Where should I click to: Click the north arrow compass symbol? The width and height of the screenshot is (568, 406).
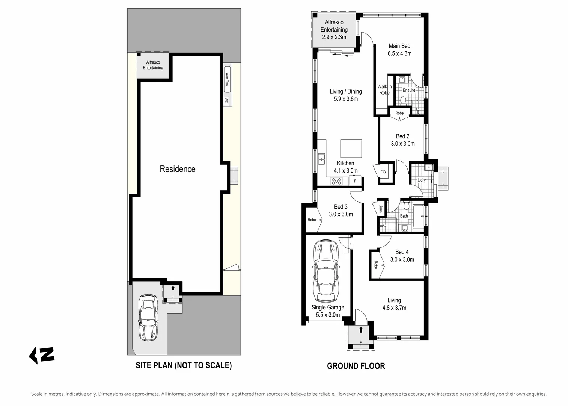[x=42, y=356]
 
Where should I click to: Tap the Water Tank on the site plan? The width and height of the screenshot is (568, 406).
[x=227, y=79]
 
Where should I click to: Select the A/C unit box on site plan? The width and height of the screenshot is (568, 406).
[x=226, y=100]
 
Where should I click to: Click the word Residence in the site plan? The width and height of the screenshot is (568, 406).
[x=178, y=169]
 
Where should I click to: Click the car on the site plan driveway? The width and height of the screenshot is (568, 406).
[x=148, y=318]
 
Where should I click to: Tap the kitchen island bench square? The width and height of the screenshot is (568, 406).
[x=351, y=148]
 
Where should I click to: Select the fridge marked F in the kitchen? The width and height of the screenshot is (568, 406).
[x=355, y=181]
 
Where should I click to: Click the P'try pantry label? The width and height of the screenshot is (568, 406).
[x=383, y=171]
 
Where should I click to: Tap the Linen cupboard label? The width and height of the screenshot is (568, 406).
[x=380, y=209]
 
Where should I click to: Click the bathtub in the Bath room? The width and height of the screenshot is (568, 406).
[x=418, y=216]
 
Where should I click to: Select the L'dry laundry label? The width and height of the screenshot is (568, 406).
[x=422, y=180]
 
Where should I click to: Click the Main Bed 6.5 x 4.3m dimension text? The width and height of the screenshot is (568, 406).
[x=400, y=53]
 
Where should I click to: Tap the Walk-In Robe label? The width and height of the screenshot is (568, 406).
[x=384, y=89]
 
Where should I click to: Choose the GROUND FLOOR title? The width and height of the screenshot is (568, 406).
[x=356, y=366]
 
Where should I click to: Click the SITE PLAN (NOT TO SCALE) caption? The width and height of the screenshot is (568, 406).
[x=184, y=365]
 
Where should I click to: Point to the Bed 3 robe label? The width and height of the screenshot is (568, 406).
[x=312, y=220]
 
